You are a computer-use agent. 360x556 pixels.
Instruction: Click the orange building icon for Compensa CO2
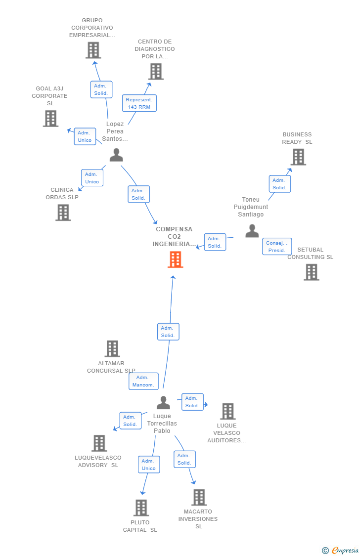tap(176, 259)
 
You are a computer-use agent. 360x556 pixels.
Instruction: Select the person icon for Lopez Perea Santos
tap(116, 155)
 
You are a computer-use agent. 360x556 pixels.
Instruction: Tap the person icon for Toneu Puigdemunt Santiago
tap(252, 231)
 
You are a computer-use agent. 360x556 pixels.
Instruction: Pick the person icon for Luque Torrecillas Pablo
tap(163, 403)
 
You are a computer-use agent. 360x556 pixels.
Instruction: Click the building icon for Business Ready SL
tap(298, 157)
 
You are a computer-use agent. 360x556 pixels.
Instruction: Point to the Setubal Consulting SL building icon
tap(311, 272)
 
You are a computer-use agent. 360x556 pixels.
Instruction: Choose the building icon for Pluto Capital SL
tap(141, 508)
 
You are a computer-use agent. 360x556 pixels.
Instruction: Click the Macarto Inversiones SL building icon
tap(199, 497)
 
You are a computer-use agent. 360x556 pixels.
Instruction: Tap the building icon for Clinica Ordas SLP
tap(63, 213)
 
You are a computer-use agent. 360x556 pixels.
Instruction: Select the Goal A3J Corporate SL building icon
tap(50, 119)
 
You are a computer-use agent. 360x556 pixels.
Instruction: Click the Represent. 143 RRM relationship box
tap(139, 103)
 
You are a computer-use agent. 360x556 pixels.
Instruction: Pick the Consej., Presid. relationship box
tap(277, 247)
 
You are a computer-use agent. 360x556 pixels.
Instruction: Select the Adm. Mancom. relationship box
tap(143, 381)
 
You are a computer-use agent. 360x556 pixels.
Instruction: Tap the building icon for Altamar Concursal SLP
tap(112, 348)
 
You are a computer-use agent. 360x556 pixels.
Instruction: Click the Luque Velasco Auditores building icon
tap(227, 411)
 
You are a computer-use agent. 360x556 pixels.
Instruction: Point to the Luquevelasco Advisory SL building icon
tap(99, 443)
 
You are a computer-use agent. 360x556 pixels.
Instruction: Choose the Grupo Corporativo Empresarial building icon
tap(93, 50)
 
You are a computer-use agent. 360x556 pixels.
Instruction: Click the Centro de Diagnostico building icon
tap(156, 72)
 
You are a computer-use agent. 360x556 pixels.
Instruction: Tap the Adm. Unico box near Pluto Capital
tap(149, 465)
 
